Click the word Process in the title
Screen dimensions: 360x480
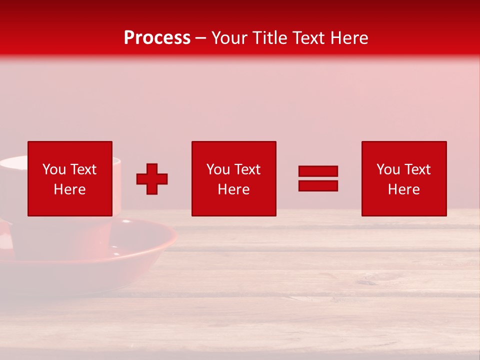click(157, 38)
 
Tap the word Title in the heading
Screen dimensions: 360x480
click(268, 38)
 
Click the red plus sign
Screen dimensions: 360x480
click(152, 179)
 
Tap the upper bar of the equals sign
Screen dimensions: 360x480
click(318, 171)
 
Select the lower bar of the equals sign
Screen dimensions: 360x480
click(318, 186)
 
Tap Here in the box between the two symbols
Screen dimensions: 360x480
click(233, 189)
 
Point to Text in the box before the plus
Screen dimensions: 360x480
click(83, 169)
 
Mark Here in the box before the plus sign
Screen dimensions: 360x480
click(69, 189)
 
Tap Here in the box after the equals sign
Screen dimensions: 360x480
click(403, 189)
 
